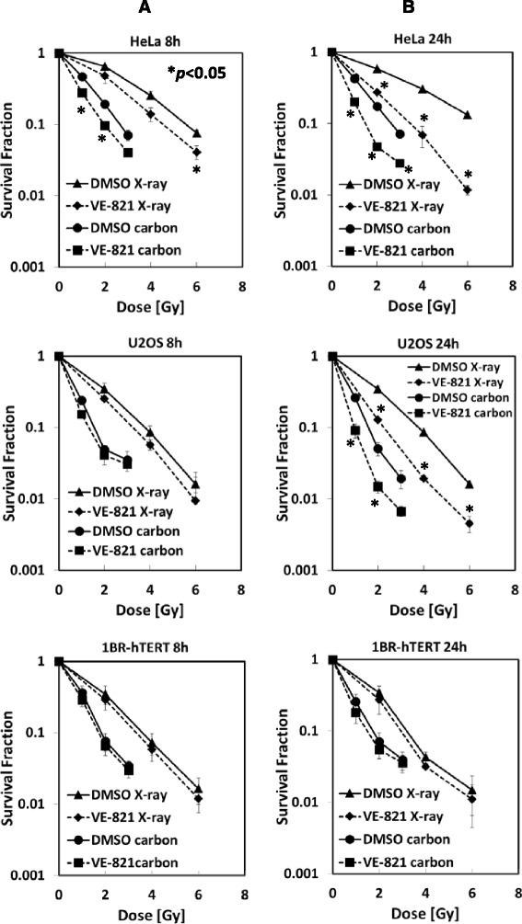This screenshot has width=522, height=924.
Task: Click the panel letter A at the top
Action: pos(145,8)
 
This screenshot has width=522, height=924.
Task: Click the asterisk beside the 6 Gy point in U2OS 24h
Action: pos(469,509)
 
